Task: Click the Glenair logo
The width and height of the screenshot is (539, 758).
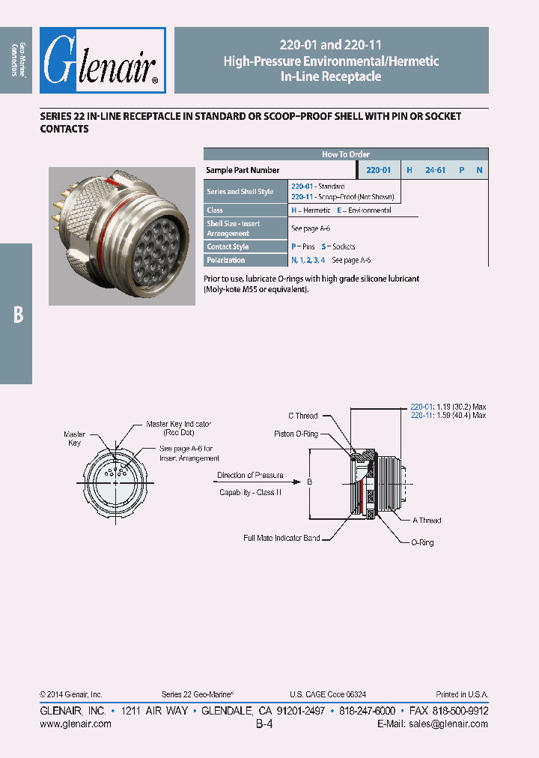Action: (102, 61)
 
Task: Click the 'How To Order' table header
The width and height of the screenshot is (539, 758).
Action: (346, 154)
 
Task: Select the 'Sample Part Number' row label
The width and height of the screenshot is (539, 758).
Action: (243, 170)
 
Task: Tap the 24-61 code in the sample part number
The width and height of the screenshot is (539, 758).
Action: (435, 170)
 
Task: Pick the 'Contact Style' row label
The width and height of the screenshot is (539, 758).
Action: (228, 246)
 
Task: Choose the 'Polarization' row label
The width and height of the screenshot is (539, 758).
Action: (225, 260)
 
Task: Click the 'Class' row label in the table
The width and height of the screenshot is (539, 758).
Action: (215, 210)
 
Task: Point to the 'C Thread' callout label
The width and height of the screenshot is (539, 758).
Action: (303, 416)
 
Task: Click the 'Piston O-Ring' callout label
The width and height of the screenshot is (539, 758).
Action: (296, 434)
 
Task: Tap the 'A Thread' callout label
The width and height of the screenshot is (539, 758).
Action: (427, 520)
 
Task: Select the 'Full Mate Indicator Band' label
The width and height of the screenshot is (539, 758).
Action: (281, 538)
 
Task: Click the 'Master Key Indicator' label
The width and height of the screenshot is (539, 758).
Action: (178, 424)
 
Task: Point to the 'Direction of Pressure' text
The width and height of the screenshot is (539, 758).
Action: (250, 475)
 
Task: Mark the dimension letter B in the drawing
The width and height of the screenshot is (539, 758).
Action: (309, 482)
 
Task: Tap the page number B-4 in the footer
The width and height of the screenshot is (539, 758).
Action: (264, 724)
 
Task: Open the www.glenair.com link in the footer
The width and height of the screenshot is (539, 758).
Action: (75, 724)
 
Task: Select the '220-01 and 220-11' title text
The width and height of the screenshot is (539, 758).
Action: (331, 46)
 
